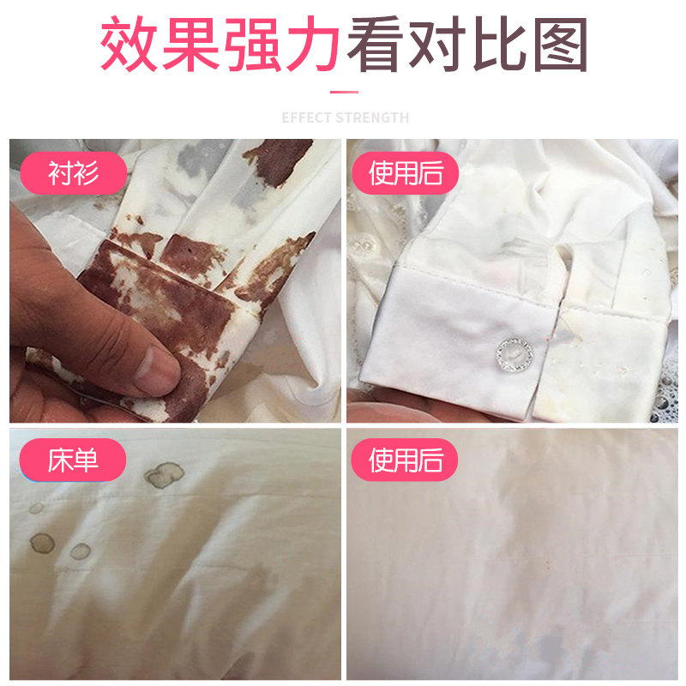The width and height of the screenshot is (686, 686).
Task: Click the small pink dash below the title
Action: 343,90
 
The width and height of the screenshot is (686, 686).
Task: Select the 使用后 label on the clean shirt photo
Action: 406,174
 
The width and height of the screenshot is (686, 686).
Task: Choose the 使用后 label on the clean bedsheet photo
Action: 406,460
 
